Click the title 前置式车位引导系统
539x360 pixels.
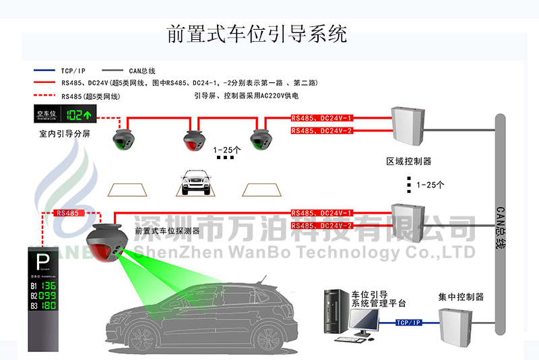click(x=257, y=34)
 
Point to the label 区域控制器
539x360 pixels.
click(x=408, y=162)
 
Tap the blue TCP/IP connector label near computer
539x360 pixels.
click(x=408, y=323)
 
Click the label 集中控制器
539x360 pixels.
click(x=461, y=297)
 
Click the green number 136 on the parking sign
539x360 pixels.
click(x=49, y=286)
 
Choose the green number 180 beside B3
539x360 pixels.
click(x=49, y=306)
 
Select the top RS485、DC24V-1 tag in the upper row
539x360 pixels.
click(x=322, y=118)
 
